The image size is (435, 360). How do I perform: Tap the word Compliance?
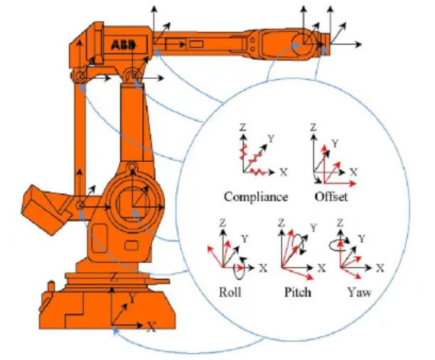pos(255,197)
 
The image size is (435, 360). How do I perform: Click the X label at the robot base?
pos(151,327)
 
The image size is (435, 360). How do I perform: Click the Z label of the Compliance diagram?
pos(242,128)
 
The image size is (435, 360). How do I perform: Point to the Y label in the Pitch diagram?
pos(313,228)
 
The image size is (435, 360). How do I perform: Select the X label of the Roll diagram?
pos(262,268)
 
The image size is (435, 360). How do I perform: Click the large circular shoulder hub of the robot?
pos(132,207)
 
